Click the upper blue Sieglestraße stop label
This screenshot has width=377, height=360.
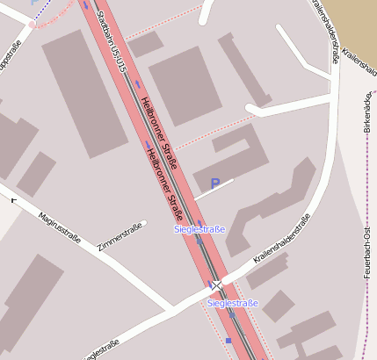[200, 230]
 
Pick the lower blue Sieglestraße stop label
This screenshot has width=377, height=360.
[233, 303]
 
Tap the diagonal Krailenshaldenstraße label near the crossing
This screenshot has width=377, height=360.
[280, 240]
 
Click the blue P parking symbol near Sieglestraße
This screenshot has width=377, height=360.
[214, 184]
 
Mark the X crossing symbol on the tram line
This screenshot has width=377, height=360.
[216, 284]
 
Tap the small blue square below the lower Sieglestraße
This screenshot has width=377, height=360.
[228, 341]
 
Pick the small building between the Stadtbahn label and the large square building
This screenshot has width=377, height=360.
[146, 44]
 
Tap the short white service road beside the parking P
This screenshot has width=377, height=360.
[215, 189]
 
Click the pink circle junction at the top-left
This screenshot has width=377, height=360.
[33, 24]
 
